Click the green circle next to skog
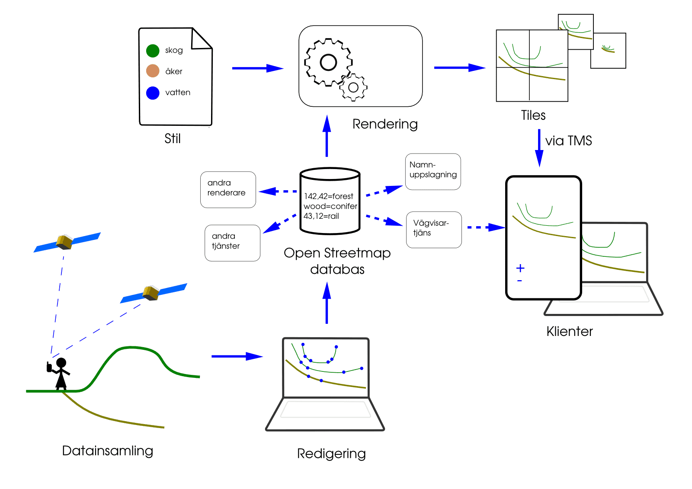coord(153,51)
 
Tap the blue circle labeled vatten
coord(153,93)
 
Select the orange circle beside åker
coord(153,71)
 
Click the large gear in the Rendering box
coord(328,62)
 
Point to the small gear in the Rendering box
coord(353,87)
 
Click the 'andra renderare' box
coord(228,189)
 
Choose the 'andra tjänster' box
coord(232,243)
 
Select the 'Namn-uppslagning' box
coord(433,171)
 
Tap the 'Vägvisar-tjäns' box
coord(434,229)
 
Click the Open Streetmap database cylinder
coord(330,201)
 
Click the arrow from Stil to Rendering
coord(257,68)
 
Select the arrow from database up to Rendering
coord(327,136)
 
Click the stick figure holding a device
coord(61,373)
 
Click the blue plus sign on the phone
coord(520,268)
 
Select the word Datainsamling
coord(107,451)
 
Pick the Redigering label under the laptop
coord(331,454)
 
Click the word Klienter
coord(569,331)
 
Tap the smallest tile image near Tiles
coord(608,50)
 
